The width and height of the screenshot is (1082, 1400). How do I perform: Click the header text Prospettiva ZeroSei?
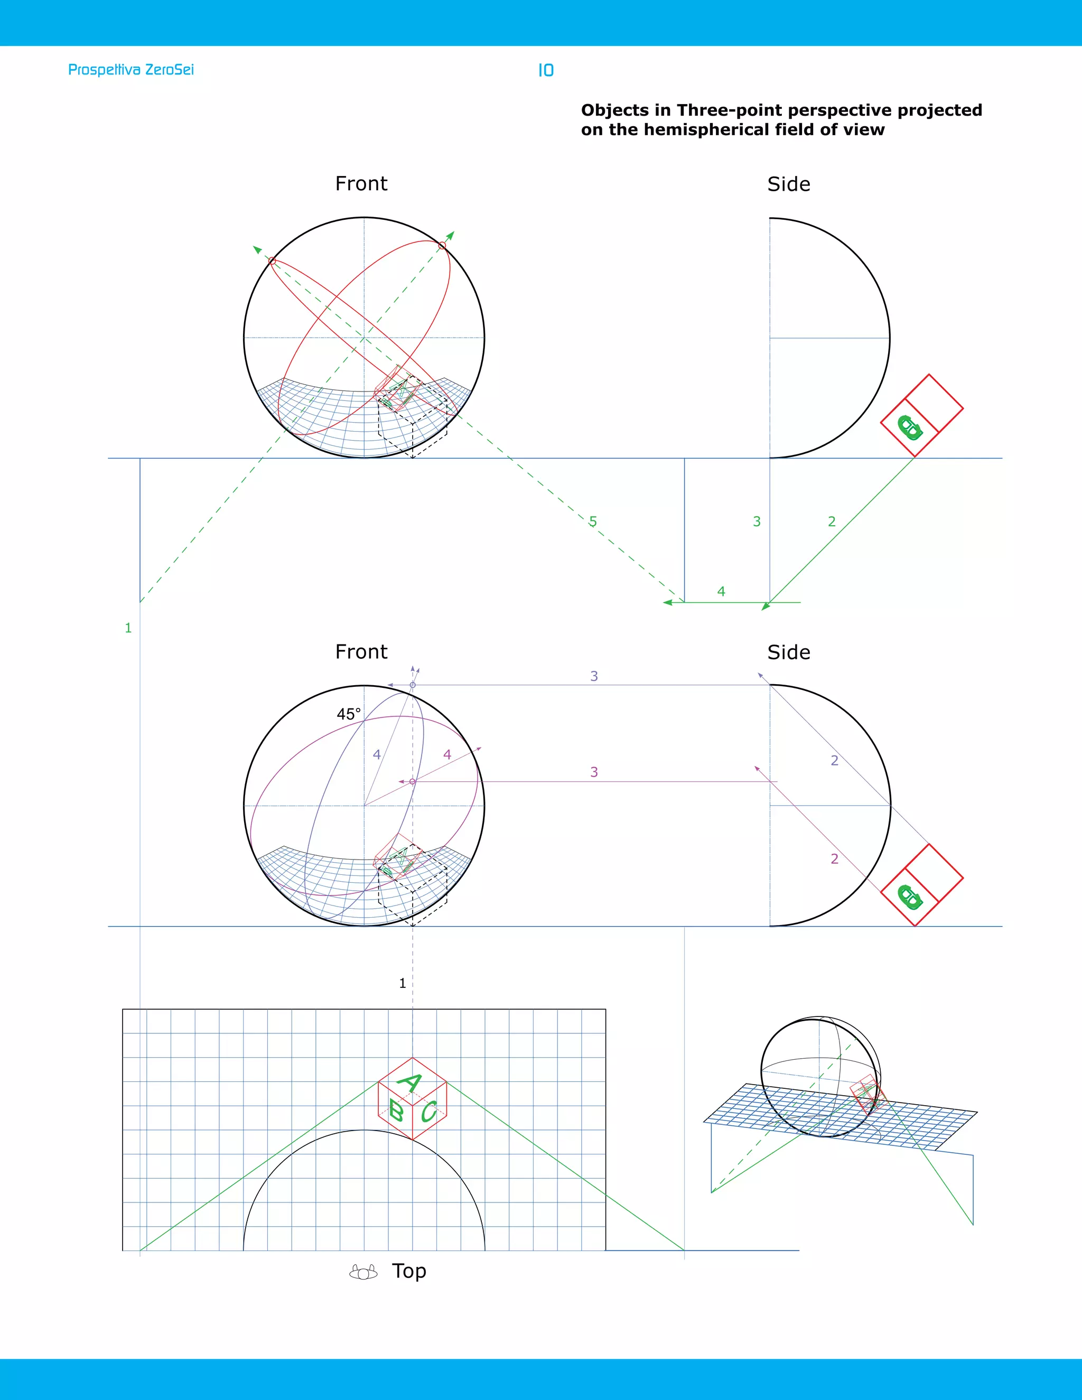click(131, 70)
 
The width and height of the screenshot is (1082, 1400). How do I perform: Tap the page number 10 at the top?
click(545, 70)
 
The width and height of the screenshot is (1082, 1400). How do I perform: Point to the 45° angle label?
click(349, 714)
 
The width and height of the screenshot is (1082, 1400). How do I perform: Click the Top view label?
click(409, 1271)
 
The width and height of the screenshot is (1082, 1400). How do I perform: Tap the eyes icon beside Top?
click(363, 1273)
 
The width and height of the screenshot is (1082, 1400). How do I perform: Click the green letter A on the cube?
click(410, 1082)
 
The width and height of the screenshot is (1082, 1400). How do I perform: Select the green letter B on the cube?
click(396, 1111)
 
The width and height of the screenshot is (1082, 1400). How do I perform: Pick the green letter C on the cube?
click(429, 1111)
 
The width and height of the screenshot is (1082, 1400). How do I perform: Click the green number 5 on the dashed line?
click(593, 522)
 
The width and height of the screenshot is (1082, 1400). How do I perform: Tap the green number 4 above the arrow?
click(721, 591)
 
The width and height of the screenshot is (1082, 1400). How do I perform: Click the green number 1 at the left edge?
click(128, 628)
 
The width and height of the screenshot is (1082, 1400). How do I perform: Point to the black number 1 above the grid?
click(403, 983)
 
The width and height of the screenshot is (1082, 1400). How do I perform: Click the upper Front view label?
click(361, 184)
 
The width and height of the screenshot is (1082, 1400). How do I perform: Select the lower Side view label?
click(788, 652)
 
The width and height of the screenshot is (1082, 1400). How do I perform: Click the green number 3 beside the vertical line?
click(757, 522)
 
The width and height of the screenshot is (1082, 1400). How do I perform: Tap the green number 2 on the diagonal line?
click(832, 522)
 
